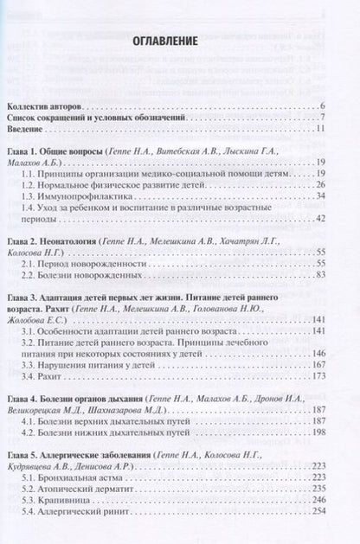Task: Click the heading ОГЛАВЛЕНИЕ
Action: click(x=164, y=41)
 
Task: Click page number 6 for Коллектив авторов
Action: click(x=321, y=106)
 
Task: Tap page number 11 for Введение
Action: click(x=319, y=130)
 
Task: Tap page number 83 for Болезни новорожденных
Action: click(x=319, y=274)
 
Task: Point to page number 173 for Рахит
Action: click(x=318, y=376)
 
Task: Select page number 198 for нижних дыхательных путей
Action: click(x=318, y=432)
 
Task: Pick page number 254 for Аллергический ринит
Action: click(x=318, y=512)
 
